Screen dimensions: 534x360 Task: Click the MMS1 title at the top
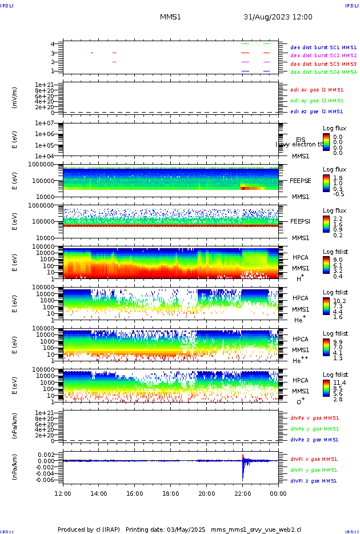pos(170,17)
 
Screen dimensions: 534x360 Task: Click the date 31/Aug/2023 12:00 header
pos(278,17)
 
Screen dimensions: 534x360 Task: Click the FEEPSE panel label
pos(301,180)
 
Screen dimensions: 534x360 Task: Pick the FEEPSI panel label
pos(301,221)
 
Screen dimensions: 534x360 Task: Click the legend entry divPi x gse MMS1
pos(314,459)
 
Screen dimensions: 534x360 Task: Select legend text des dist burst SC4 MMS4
pos(323,72)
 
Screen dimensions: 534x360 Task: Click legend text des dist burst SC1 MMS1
pos(323,47)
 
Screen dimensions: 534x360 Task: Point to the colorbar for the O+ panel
pos(326,388)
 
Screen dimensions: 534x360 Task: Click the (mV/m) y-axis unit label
pos(15,98)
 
